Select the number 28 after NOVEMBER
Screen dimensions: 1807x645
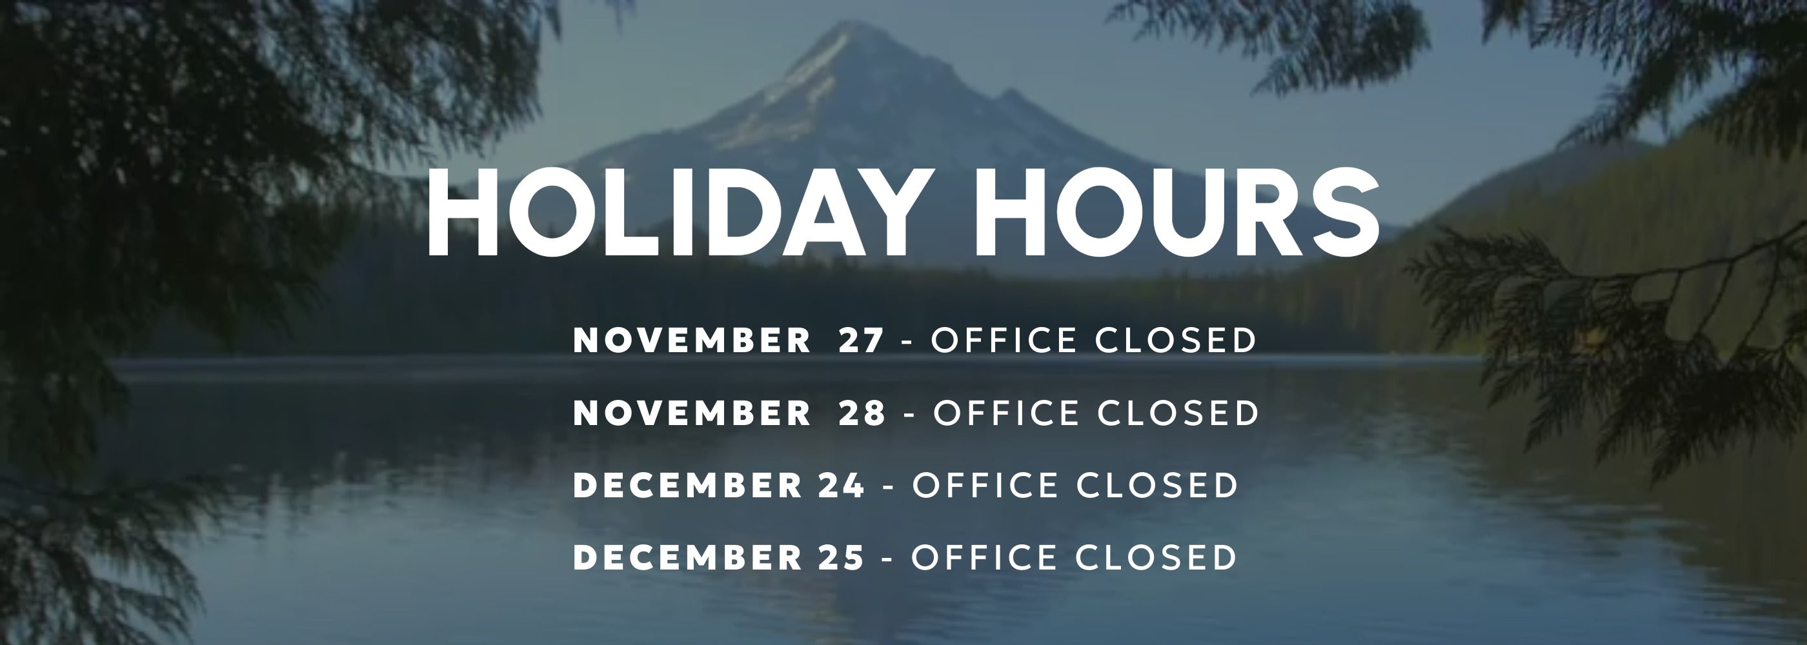click(863, 413)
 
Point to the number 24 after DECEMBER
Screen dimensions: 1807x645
click(842, 485)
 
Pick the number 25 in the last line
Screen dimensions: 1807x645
click(841, 557)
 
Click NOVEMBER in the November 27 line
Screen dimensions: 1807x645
click(692, 340)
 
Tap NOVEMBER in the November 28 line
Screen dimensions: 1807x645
click(692, 413)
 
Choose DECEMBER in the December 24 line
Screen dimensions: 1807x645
click(687, 485)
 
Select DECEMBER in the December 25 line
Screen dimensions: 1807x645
click(687, 557)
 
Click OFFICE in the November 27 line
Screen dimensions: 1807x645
click(1004, 340)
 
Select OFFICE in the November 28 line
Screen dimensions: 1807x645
click(1007, 413)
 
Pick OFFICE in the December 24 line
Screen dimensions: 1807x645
click(985, 485)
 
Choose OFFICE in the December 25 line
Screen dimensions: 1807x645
click(984, 557)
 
